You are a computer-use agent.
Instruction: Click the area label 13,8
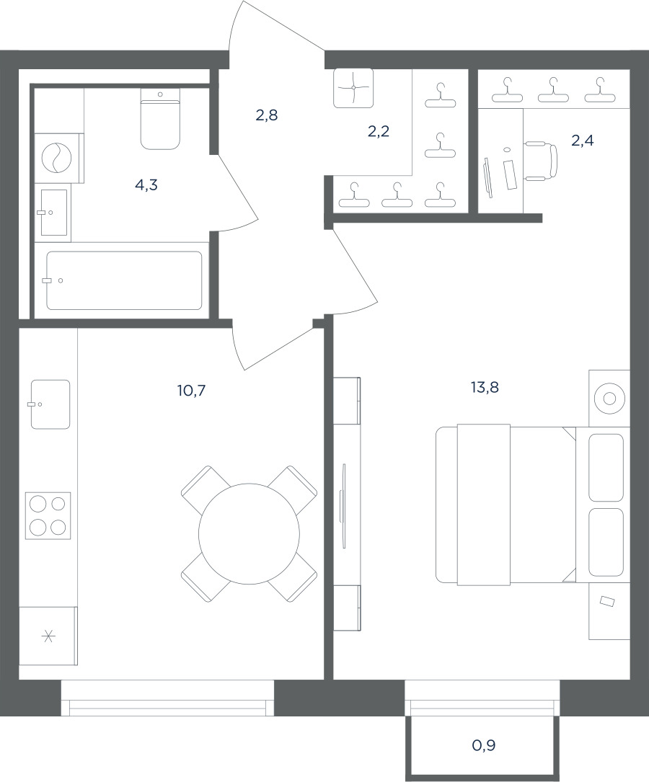point(485,387)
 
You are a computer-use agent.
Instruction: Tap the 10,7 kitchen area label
point(192,390)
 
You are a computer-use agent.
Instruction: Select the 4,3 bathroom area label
point(146,185)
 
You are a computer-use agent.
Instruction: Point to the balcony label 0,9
point(483,745)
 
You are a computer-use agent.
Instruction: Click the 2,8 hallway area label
point(267,115)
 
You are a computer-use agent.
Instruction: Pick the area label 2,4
point(582,141)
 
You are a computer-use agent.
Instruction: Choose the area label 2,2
point(378,131)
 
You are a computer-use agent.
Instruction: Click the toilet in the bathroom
point(160,119)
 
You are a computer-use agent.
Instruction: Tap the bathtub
point(124,280)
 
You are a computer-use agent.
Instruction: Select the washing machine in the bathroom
point(58,158)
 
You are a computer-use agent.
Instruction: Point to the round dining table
point(249,533)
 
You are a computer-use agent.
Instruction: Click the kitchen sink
point(50,404)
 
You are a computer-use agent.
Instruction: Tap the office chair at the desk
point(541,161)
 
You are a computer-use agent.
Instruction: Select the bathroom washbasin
point(53,212)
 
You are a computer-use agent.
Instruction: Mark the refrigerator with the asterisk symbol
point(48,636)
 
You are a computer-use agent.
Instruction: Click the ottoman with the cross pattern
point(353,88)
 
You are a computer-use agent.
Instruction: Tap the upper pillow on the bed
point(606,467)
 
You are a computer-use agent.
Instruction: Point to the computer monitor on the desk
point(487,177)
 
